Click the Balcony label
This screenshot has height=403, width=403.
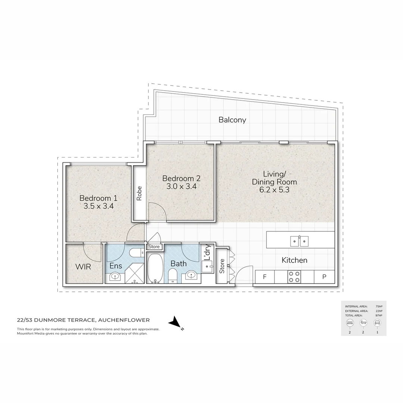232,120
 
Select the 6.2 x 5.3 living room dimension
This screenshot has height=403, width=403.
274,190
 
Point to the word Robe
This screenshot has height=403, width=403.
139,193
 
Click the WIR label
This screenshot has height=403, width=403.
83,268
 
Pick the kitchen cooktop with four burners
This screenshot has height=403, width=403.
294,277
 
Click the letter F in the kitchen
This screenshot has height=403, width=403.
265,277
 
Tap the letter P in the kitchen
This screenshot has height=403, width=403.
324,277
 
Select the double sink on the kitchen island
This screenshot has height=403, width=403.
299,241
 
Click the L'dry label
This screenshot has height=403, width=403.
208,253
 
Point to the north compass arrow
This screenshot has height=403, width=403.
174,322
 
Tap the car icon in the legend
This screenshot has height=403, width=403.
377,322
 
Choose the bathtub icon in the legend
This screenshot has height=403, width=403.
363,322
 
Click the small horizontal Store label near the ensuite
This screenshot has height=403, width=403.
154,247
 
